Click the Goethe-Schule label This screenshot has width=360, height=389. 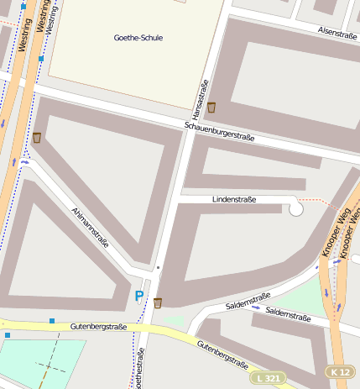(x=138, y=38)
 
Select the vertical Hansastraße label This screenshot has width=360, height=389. (x=201, y=98)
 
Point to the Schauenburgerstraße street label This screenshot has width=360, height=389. (x=219, y=131)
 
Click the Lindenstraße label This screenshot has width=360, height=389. (x=234, y=199)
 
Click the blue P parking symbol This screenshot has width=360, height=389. (x=139, y=296)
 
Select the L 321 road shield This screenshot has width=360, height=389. (x=269, y=379)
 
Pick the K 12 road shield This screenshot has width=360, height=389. (x=340, y=371)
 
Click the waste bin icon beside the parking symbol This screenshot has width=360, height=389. (x=158, y=302)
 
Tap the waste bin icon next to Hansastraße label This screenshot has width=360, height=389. (x=211, y=108)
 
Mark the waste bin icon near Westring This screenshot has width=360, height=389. (x=36, y=137)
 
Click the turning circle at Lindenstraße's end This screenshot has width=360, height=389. (x=296, y=208)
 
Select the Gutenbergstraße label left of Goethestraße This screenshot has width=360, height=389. (x=98, y=326)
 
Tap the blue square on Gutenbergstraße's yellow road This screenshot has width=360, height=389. (x=52, y=321)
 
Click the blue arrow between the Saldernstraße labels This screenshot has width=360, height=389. (x=256, y=308)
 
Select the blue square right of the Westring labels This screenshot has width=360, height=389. (x=41, y=59)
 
